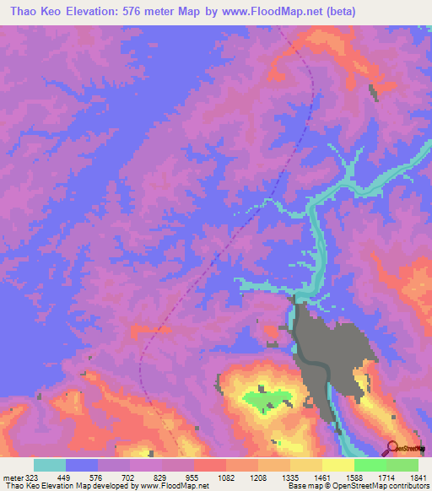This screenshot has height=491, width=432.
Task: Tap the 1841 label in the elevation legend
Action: tap(418, 478)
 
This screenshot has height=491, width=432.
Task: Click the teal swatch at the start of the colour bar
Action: tap(50, 465)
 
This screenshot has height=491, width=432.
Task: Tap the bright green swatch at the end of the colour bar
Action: tap(402, 465)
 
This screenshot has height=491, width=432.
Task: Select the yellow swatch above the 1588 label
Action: tap(338, 465)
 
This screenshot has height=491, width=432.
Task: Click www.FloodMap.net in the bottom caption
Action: tap(174, 487)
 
